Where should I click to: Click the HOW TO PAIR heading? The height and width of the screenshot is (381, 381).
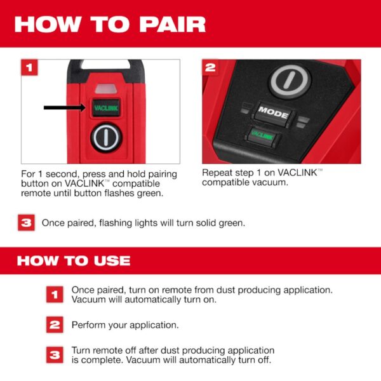110,24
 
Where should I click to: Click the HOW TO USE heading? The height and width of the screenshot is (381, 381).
73,261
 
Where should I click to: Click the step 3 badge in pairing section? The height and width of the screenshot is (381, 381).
25,223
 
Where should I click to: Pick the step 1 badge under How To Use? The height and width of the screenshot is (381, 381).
55,294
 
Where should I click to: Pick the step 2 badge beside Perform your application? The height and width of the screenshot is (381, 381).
55,324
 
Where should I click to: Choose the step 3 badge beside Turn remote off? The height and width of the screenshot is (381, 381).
55,354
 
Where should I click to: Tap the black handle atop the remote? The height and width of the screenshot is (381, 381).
101,65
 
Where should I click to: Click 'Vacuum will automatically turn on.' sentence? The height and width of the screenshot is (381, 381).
144,299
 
